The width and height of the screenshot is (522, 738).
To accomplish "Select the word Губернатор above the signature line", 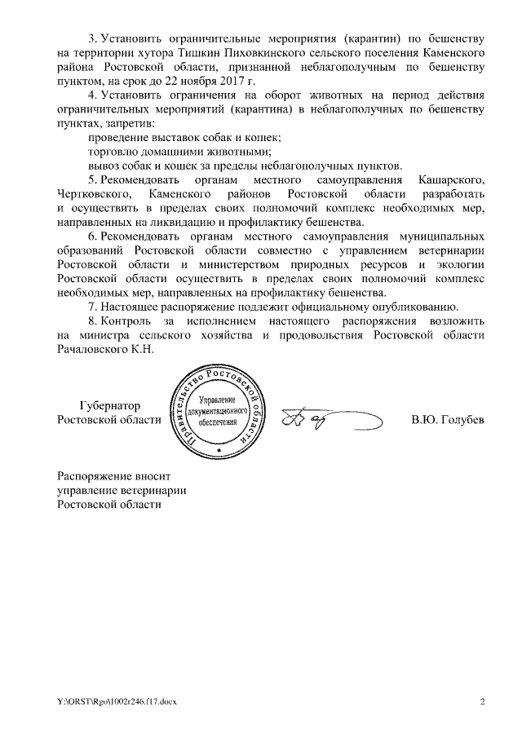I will tap(110, 405).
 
